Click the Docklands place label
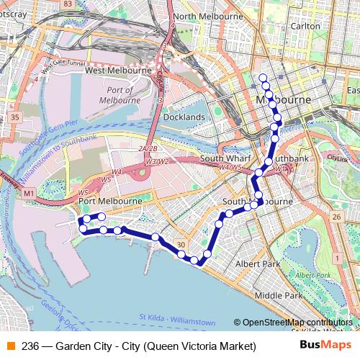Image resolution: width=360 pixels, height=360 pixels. pyautogui.click(x=184, y=117)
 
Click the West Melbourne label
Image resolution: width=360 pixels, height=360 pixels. pyautogui.click(x=118, y=71)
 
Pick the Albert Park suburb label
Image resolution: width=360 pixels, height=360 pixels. pyautogui.click(x=258, y=264)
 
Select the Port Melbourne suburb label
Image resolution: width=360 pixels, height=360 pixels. pyautogui.click(x=109, y=201)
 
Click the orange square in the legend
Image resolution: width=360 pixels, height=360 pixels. pyautogui.click(x=10, y=346)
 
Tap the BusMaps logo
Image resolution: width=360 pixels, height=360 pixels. pyautogui.click(x=325, y=346)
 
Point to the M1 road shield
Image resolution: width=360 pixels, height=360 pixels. pyautogui.click(x=29, y=194)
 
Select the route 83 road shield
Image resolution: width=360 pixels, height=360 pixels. pyautogui.click(x=68, y=4)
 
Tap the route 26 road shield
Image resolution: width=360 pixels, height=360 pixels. pyautogui.click(x=336, y=217)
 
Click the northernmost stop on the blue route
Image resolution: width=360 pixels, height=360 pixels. pyautogui.click(x=263, y=77)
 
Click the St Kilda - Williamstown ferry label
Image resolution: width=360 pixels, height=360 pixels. pyautogui.click(x=177, y=317)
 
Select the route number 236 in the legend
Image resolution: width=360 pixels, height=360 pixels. pyautogui.click(x=30, y=346)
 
